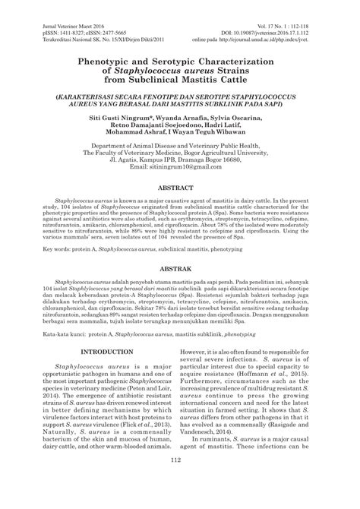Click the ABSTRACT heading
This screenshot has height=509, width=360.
pyautogui.click(x=180, y=207)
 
